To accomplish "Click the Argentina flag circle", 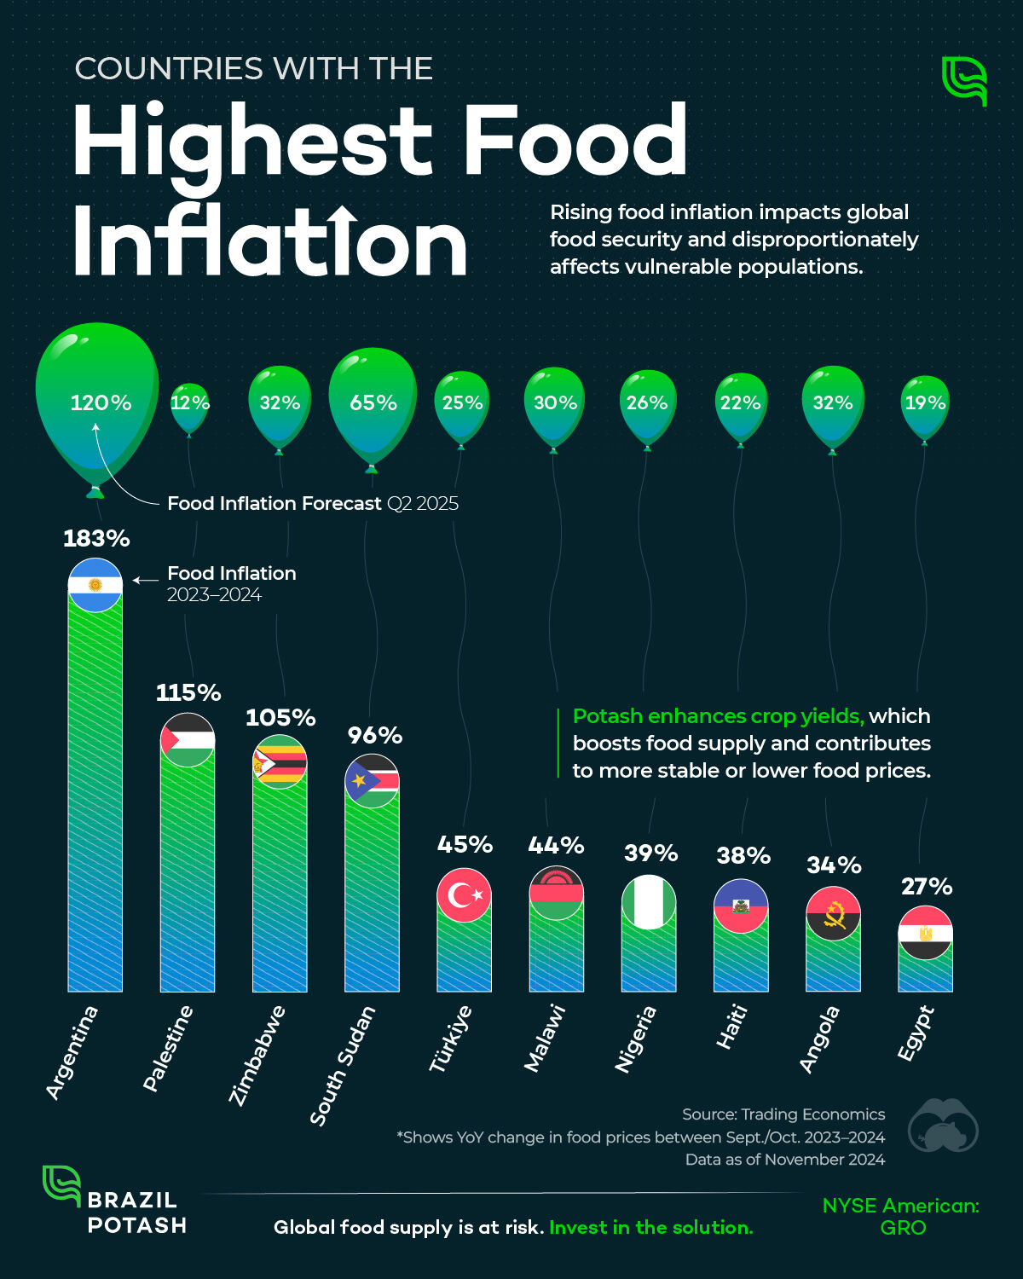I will pos(95,585).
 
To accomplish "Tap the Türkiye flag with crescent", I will pos(464,894).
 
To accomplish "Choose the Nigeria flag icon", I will pos(649,901).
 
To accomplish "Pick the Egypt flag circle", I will pos(925,933).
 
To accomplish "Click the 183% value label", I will pos(96,539).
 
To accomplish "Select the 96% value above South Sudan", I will pos(374,735).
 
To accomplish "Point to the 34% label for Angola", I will pos(834,865).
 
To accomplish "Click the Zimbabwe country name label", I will pos(257,1056).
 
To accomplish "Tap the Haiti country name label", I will pos(731,1027).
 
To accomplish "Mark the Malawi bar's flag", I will pos(556,893).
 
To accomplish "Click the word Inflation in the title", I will pos(269,242).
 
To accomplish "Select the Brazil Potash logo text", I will pos(136,1212).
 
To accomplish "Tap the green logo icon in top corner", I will pos(964,81).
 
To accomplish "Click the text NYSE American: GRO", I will pos(901,1216).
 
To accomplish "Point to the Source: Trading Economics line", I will pos(783,1114).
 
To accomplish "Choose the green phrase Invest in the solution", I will pos(651,1227).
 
